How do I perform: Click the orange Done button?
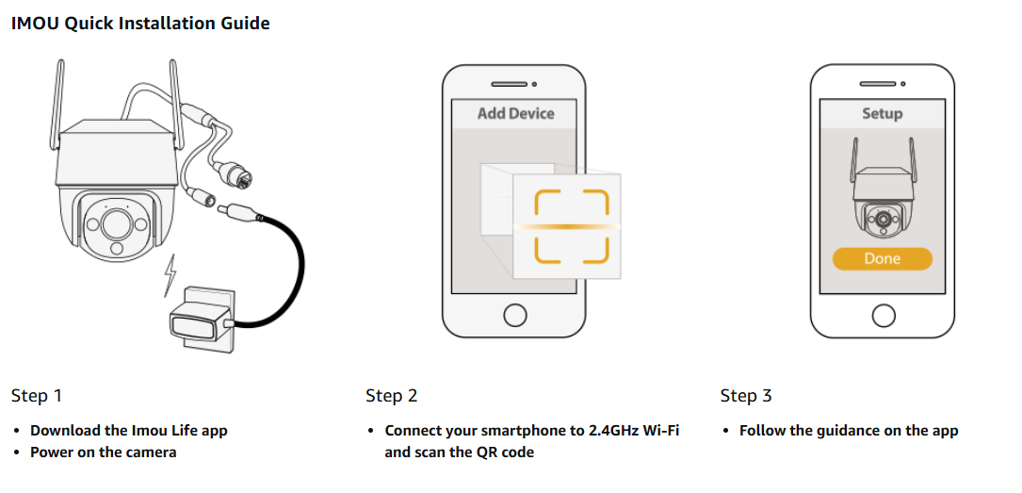(x=882, y=258)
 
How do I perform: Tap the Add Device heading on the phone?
(x=515, y=113)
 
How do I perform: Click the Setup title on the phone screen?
(x=882, y=113)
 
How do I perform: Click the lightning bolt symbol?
(x=170, y=274)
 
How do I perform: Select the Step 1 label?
(x=37, y=396)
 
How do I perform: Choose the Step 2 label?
(x=392, y=396)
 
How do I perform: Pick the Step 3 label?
(x=746, y=396)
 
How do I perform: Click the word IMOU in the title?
(x=35, y=24)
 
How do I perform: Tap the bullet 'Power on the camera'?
(x=103, y=452)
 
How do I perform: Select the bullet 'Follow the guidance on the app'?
(x=848, y=431)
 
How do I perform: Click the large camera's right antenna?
(x=174, y=94)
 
